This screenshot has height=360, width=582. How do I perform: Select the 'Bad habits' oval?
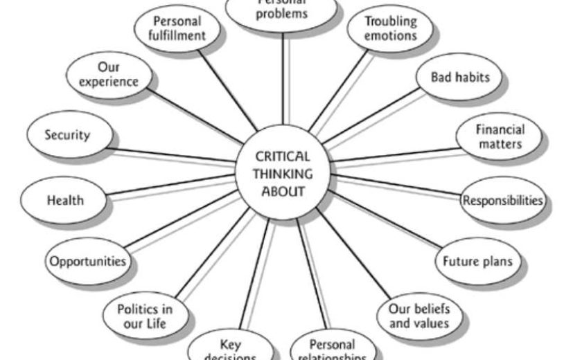pyautogui.click(x=459, y=78)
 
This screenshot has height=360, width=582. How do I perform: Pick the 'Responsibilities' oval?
pyautogui.click(x=503, y=201)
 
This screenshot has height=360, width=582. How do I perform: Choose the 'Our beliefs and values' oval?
pyautogui.click(x=418, y=315)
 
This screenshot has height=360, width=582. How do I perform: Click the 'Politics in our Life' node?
pyautogui.click(x=144, y=316)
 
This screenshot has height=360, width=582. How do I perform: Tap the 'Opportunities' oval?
pyautogui.click(x=87, y=262)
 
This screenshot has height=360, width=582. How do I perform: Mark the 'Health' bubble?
pyautogui.click(x=65, y=201)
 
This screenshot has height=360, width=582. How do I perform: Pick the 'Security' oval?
pyautogui.click(x=67, y=135)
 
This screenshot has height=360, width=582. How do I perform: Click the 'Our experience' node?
pyautogui.click(x=108, y=75)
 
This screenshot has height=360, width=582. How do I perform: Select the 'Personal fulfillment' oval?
pyautogui.click(x=177, y=28)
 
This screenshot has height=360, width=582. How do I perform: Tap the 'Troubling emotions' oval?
pyautogui.click(x=391, y=28)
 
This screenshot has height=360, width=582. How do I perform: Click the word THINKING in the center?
pyautogui.click(x=282, y=174)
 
